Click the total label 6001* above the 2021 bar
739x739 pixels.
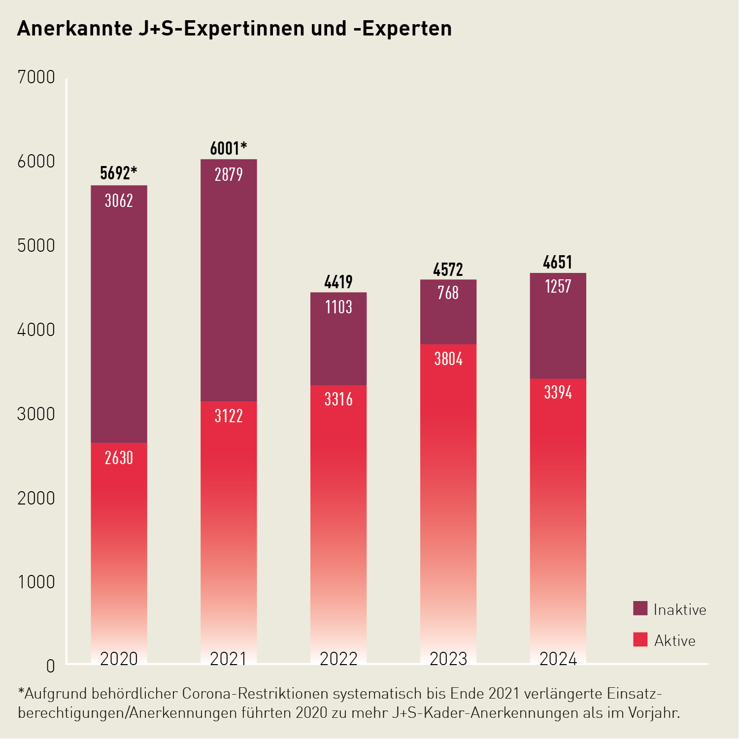point(228,148)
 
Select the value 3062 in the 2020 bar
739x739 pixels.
point(119,201)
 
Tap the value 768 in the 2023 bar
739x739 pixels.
point(448,293)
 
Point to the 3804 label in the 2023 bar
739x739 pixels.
point(448,359)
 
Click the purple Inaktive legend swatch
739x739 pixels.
point(640,608)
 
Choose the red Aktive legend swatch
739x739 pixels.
point(640,639)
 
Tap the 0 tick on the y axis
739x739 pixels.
point(50,667)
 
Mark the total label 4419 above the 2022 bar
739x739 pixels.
point(338,282)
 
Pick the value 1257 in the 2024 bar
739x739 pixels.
point(558,287)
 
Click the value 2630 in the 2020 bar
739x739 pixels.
point(119,458)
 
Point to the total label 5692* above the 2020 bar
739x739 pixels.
point(118,173)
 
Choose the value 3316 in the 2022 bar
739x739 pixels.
point(338,399)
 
